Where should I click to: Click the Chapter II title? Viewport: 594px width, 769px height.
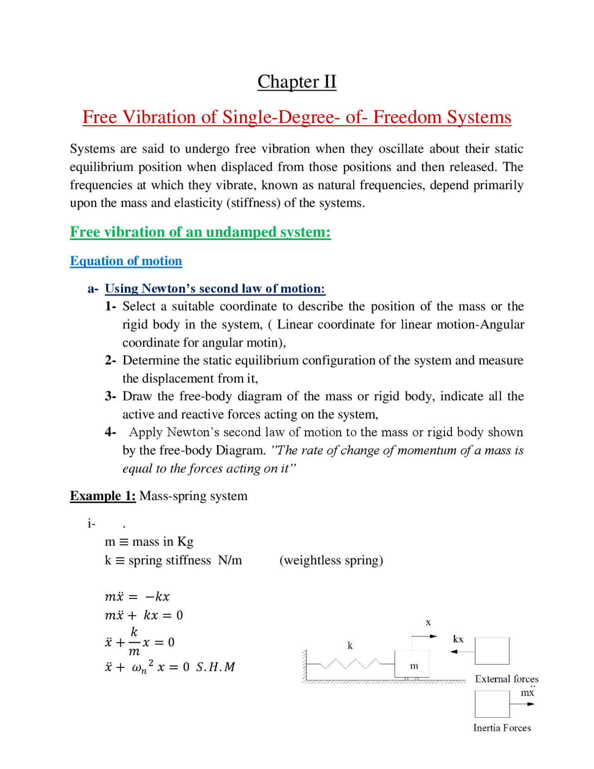(297, 82)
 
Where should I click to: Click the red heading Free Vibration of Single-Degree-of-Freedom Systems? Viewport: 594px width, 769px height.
(297, 117)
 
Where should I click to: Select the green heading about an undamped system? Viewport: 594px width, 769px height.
(200, 232)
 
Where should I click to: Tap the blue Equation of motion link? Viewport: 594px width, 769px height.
(126, 261)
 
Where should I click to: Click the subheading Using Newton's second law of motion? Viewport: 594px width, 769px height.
(214, 288)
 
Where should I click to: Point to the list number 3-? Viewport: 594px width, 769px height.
(110, 396)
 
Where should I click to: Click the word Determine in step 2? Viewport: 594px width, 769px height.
(151, 360)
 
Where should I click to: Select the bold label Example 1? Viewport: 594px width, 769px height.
(103, 496)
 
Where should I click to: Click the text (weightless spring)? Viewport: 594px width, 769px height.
(331, 560)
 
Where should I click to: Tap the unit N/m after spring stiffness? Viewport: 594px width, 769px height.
(230, 560)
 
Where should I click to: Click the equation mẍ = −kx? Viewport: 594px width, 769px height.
(137, 596)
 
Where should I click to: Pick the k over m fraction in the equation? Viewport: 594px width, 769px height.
(134, 642)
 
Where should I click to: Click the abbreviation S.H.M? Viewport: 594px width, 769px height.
(215, 667)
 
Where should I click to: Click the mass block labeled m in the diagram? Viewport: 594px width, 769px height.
(413, 664)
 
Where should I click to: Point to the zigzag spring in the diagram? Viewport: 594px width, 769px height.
(352, 664)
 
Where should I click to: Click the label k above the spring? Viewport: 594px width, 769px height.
(350, 645)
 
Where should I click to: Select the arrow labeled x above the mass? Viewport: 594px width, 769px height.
(424, 636)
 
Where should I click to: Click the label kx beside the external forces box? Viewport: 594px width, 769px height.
(458, 639)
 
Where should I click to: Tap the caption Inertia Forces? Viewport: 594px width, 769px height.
(502, 728)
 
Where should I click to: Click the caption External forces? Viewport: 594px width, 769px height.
(506, 679)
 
